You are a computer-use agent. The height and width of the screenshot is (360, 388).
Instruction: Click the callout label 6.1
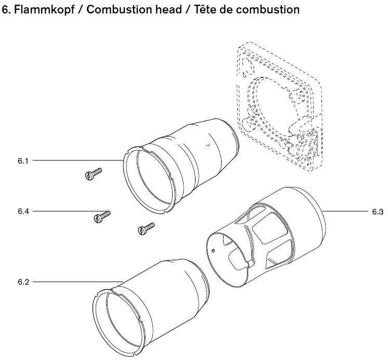[23, 161]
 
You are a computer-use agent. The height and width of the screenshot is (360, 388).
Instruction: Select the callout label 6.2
[23, 282]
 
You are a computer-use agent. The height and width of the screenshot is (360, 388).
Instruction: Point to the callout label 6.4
[23, 211]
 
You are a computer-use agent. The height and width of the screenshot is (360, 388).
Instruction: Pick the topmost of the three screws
[93, 174]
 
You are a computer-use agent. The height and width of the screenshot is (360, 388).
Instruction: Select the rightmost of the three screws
[146, 228]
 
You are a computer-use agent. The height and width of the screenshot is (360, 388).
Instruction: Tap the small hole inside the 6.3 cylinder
[214, 250]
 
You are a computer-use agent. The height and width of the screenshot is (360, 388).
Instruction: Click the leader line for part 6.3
[346, 211]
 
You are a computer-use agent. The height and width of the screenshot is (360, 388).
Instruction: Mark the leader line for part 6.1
[78, 161]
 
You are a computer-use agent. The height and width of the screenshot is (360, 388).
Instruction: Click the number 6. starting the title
[7, 10]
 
